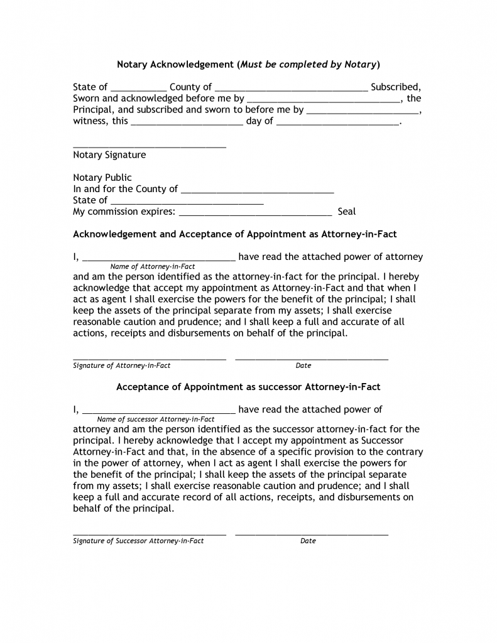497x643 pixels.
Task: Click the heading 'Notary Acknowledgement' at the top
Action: pos(175,65)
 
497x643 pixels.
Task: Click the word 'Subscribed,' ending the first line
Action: pos(395,87)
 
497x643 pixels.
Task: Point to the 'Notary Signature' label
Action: pos(109,155)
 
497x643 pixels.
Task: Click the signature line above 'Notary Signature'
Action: pos(150,147)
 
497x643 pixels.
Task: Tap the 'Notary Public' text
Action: pos(102,178)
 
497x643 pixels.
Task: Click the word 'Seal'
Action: pos(347,212)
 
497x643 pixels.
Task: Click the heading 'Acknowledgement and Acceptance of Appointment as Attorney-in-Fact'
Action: pos(235,234)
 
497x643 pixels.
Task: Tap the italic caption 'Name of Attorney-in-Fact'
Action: pos(153,266)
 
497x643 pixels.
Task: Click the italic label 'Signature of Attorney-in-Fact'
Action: pos(122,365)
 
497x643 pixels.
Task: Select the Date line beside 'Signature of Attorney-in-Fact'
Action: pos(312,359)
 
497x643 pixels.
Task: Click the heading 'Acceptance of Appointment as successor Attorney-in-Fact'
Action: pos(248,387)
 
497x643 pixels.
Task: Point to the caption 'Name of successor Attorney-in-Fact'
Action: pos(156,419)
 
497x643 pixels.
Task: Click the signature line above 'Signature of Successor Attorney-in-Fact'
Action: pos(150,534)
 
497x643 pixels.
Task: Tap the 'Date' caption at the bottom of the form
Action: pos(308,541)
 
